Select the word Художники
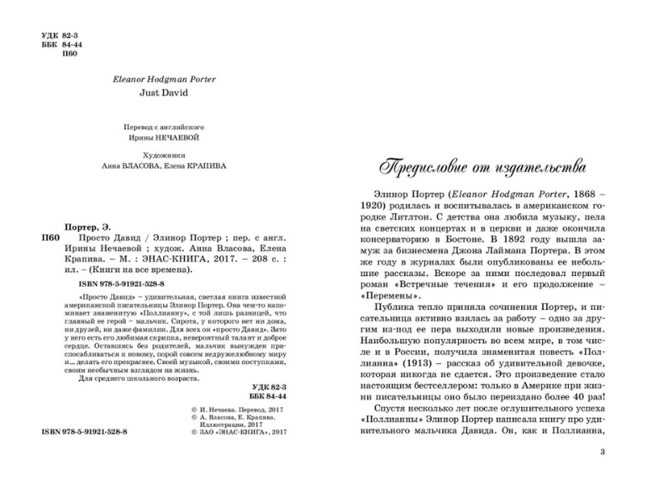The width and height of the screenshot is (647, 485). click(164, 154)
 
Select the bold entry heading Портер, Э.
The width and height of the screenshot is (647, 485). click(87, 227)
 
